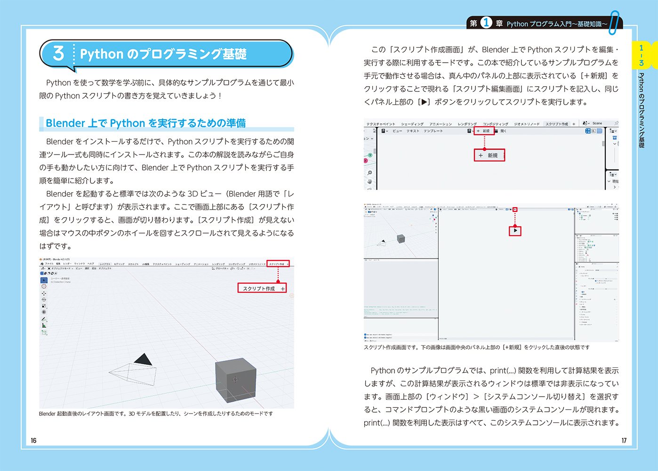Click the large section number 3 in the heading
(x=58, y=53)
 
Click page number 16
(x=33, y=440)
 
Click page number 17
(x=624, y=440)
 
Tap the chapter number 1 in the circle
(x=486, y=23)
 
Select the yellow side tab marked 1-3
(x=641, y=55)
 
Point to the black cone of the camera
(x=144, y=360)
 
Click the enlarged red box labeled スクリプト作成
(x=262, y=288)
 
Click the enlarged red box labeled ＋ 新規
(x=489, y=155)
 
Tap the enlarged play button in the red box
(x=515, y=231)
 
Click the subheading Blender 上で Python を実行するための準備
(x=145, y=123)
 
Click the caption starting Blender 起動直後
(x=155, y=414)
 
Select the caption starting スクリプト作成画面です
(x=476, y=347)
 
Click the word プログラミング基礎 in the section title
(x=193, y=54)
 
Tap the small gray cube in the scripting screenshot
(x=401, y=239)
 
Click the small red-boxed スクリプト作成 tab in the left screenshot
(x=278, y=264)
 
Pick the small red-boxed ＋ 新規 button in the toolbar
(x=484, y=131)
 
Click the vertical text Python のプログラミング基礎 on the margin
(x=641, y=111)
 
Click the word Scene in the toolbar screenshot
(x=597, y=123)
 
